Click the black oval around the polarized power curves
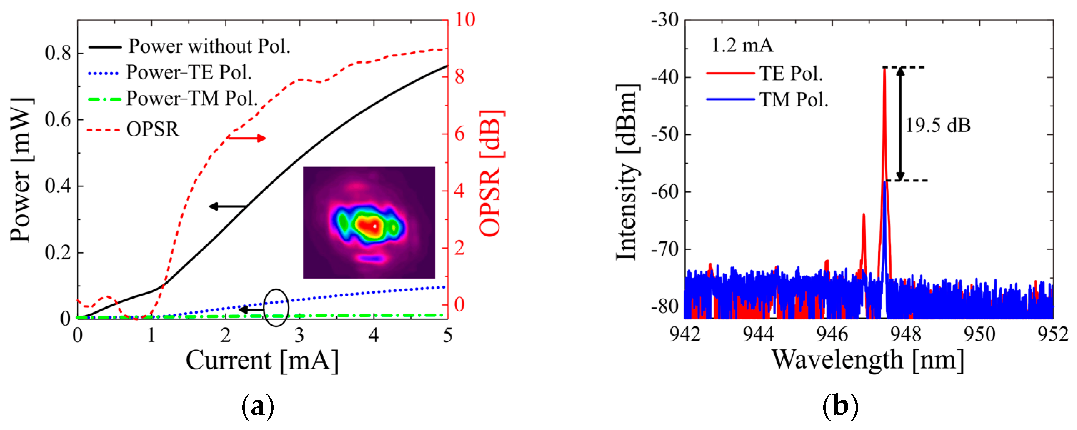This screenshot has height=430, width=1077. pos(276,307)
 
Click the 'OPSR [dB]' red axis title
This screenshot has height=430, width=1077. pos(491,174)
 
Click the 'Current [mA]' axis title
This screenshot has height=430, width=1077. pos(262,360)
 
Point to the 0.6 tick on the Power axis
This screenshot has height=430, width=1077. pos(58,120)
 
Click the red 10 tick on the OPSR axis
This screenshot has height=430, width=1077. pos(465,20)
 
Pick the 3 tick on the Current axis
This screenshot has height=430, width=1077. pos(299,335)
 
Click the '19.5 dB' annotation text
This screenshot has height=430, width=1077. pos(938,125)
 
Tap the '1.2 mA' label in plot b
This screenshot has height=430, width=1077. pos(742,45)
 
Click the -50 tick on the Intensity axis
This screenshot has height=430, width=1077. pos(665,135)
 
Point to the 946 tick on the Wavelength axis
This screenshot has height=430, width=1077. pos(832,334)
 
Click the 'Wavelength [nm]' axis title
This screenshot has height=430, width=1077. pos(868,359)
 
